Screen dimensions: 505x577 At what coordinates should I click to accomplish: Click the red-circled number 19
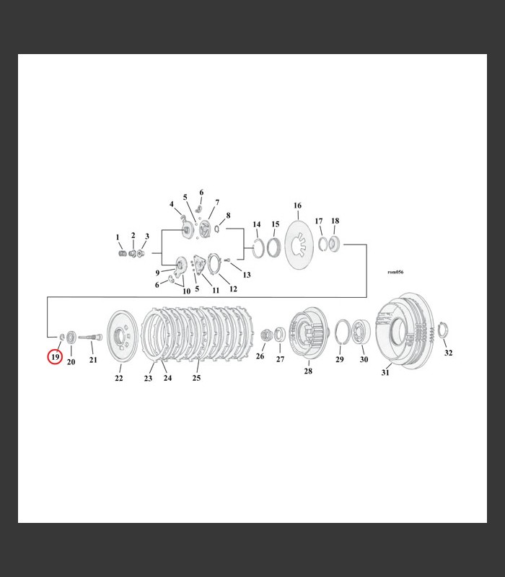(55, 356)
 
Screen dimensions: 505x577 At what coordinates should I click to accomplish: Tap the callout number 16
(297, 206)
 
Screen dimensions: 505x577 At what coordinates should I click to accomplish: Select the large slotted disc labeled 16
(299, 245)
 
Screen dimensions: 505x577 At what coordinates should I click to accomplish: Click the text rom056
(395, 272)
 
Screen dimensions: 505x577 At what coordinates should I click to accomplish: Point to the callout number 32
(448, 353)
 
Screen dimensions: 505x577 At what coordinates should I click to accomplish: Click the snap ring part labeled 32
(443, 330)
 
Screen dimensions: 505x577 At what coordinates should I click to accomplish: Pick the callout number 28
(308, 371)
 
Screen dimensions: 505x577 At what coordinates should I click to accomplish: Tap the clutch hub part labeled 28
(309, 333)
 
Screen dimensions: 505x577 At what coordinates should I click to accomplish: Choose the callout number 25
(196, 377)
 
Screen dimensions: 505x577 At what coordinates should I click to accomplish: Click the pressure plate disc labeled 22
(122, 337)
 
